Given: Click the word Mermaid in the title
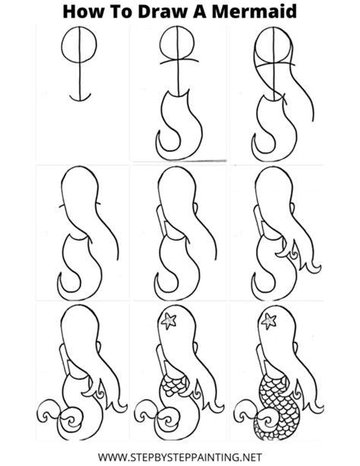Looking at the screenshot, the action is [254, 11].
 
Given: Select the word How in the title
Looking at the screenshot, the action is [84, 11].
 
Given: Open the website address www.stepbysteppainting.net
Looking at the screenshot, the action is [180, 457].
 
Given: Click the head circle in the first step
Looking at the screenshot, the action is [62, 45].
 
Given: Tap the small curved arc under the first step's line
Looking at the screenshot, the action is [81, 100].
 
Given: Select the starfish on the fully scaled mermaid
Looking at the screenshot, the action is [269, 321].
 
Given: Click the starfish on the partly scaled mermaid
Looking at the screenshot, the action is [169, 321].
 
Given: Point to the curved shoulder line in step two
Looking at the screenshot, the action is [179, 61].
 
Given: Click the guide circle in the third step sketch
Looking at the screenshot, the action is [256, 45].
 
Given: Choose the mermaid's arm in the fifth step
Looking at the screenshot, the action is [161, 220].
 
